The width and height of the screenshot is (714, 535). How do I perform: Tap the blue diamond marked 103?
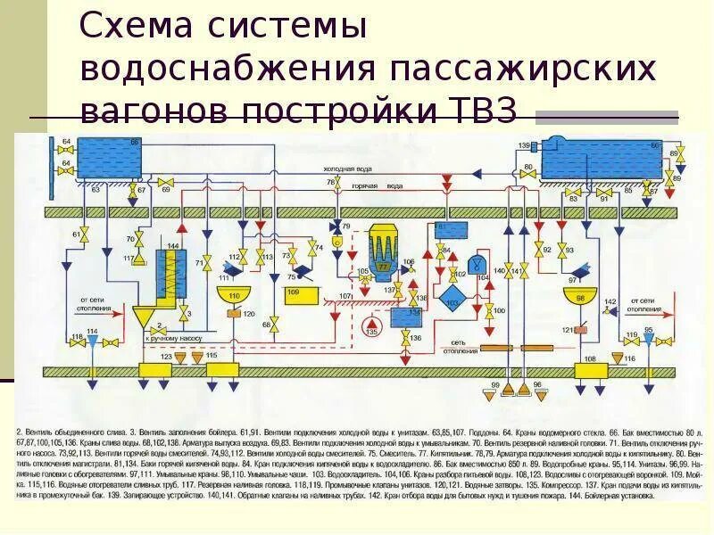click(x=452, y=301)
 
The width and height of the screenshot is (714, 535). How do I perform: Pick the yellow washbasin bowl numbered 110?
click(x=234, y=297)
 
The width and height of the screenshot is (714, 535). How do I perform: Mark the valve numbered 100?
click(x=490, y=311)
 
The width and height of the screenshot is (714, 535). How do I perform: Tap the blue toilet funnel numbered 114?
click(x=93, y=342)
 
